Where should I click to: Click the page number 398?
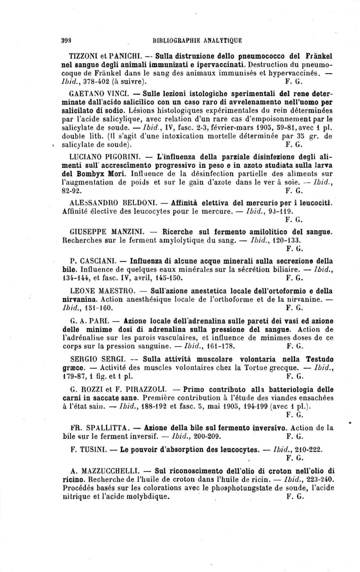coord(67,39)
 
